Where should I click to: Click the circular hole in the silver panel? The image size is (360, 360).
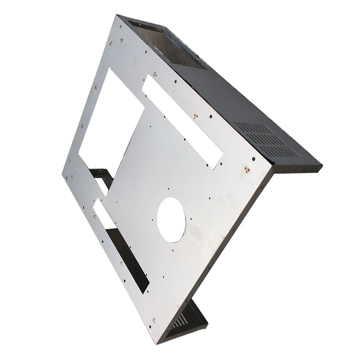(x=171, y=220)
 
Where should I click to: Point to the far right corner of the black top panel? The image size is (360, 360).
(x=321, y=167)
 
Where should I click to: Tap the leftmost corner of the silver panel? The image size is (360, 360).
(x=62, y=173)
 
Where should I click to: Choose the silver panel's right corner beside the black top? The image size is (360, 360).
(x=272, y=167)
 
